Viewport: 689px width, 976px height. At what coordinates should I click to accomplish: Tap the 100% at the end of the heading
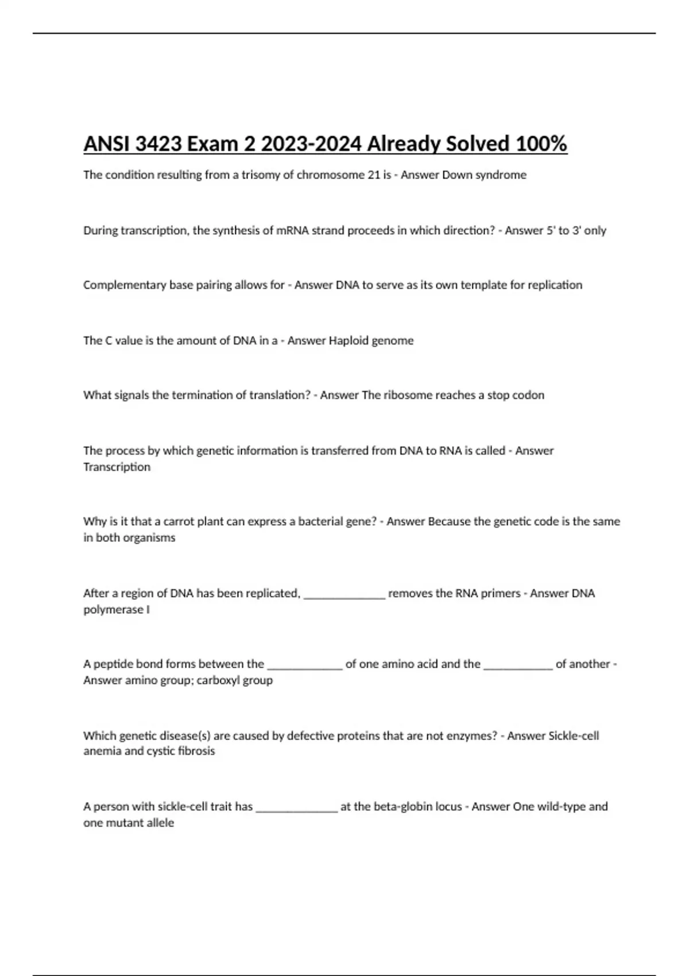(x=541, y=144)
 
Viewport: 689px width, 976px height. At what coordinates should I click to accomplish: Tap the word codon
(x=528, y=396)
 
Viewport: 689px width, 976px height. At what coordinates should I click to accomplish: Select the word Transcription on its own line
(x=117, y=467)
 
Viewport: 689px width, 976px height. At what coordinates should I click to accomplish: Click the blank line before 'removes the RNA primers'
(x=344, y=595)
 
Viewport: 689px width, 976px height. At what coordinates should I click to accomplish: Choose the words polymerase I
(x=117, y=610)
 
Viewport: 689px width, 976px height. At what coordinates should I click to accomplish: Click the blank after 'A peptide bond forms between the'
(x=305, y=665)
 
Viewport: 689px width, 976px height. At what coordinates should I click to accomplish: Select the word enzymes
(x=468, y=736)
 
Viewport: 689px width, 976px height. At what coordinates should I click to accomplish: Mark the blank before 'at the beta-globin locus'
(x=296, y=808)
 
